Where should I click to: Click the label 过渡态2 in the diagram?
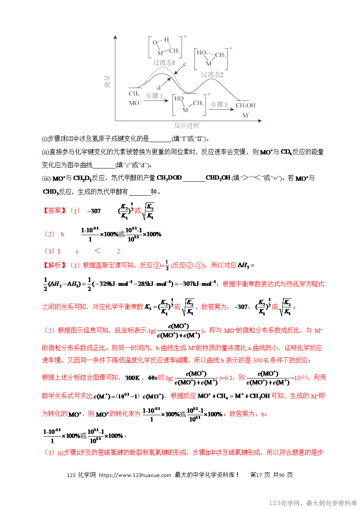pyautogui.click(x=212, y=75)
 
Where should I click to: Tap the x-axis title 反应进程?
pyautogui.click(x=186, y=125)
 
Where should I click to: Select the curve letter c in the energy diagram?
pyautogui.click(x=184, y=64)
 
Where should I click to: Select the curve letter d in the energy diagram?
pyautogui.click(x=159, y=88)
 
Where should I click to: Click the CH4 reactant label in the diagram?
pyautogui.click(x=134, y=94)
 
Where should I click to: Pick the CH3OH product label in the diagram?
pyautogui.click(x=245, y=105)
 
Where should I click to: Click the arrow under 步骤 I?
pyautogui.click(x=156, y=101)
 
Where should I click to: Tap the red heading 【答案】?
pyautogui.click(x=55, y=211)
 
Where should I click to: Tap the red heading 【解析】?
pyautogui.click(x=55, y=265)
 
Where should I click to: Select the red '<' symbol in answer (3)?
pyautogui.click(x=97, y=251)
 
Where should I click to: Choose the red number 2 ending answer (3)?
pyautogui.click(x=118, y=252)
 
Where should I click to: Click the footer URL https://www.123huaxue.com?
pyautogui.click(x=135, y=475)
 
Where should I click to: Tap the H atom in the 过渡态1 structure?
pyautogui.click(x=167, y=40)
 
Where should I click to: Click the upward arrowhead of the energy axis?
pyautogui.click(x=115, y=37)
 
